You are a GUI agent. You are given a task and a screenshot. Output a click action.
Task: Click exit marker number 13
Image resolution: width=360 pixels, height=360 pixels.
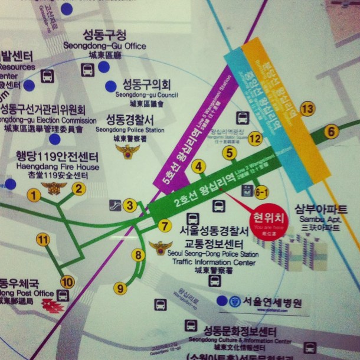coord(307,109)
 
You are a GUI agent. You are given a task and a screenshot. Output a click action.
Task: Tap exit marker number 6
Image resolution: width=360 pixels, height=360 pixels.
coord(331,131)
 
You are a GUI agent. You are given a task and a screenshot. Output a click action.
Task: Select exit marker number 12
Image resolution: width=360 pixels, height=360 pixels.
coord(254,139)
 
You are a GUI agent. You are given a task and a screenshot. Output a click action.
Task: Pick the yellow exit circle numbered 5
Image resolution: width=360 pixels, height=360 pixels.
coord(230,153)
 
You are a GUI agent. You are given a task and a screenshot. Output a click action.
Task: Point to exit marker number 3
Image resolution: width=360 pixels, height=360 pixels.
coord(130,205)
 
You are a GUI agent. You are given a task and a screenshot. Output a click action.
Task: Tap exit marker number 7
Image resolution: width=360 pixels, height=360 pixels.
coord(165,225)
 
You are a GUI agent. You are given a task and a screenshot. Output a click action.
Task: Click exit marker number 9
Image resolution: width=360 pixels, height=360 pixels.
coord(120,288)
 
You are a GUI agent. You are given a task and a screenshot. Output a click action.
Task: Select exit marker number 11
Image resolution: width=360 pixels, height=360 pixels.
coord(42,239)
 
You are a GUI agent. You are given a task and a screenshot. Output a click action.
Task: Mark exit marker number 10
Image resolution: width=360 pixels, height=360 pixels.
coord(67,282)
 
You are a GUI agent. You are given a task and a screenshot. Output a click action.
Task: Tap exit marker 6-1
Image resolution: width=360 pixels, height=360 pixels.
coord(261,192)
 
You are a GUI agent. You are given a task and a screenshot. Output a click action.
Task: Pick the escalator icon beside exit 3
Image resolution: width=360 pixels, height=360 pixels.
coord(116,205)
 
